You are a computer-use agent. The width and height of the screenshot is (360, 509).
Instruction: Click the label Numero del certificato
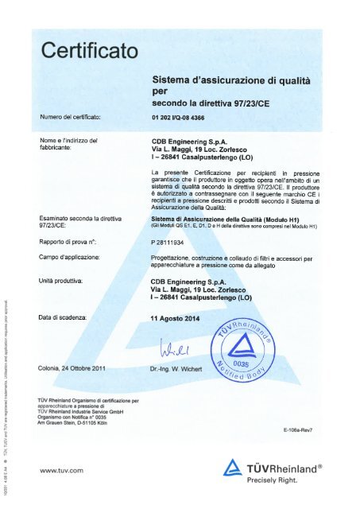pyautogui.click(x=69, y=119)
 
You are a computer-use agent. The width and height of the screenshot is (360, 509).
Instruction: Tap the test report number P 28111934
pyautogui.click(x=172, y=240)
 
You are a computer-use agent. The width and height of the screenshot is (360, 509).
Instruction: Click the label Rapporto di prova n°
pyautogui.click(x=68, y=240)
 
